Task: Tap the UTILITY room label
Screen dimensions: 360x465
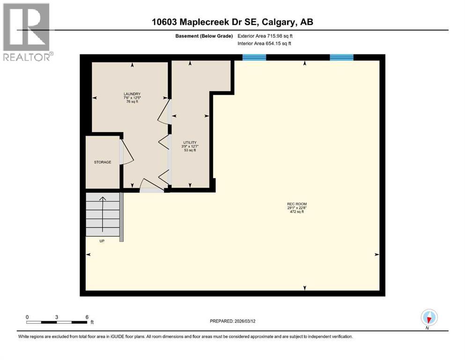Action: point(189,142)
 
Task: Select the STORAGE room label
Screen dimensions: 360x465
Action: point(102,162)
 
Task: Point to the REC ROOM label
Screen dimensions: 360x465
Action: point(296,203)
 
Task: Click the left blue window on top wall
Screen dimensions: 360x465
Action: point(254,57)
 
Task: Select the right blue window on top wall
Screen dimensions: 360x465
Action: point(341,57)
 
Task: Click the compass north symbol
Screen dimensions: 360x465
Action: point(428,317)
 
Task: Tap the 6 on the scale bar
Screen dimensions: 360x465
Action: point(87,317)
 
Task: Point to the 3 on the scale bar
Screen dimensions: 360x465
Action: point(57,317)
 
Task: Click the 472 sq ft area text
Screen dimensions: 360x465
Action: point(296,212)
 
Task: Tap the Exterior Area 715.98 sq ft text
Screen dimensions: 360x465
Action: point(268,36)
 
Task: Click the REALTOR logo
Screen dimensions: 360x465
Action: point(27,31)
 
